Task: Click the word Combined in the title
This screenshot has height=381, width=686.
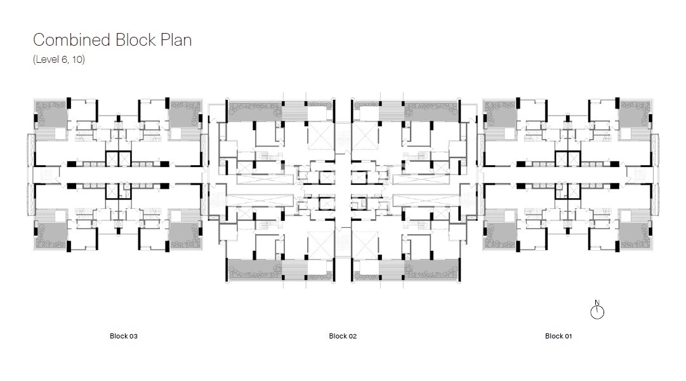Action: pos(72,40)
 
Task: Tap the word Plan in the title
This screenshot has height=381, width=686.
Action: pos(176,40)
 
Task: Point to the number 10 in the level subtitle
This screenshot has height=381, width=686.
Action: pos(78,60)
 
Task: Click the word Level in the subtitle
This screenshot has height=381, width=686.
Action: pos(46,60)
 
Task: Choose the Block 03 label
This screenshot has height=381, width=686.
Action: pos(123,336)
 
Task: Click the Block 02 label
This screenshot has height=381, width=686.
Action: pos(343,336)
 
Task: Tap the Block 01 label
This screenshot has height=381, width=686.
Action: pos(558,336)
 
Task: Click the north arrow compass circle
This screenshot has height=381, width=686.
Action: pos(597,312)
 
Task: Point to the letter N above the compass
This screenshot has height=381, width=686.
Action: pos(597,302)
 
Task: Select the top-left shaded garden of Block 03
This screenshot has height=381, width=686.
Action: pos(51,114)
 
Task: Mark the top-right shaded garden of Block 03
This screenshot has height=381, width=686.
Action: pos(185,114)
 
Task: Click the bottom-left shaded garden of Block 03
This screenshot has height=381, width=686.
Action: pos(51,236)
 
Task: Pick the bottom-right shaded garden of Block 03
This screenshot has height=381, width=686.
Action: pos(185,236)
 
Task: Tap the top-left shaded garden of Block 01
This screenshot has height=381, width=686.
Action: pos(501,114)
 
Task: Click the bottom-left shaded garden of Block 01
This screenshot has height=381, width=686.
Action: pos(501,236)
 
